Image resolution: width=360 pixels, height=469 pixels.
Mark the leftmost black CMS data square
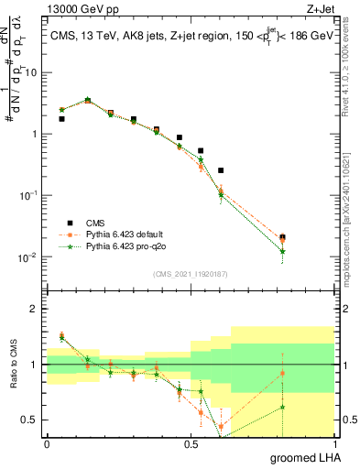(61, 119)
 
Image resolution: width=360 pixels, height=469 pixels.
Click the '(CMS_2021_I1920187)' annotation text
(191, 273)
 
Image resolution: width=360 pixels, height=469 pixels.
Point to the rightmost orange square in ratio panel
(282, 373)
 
